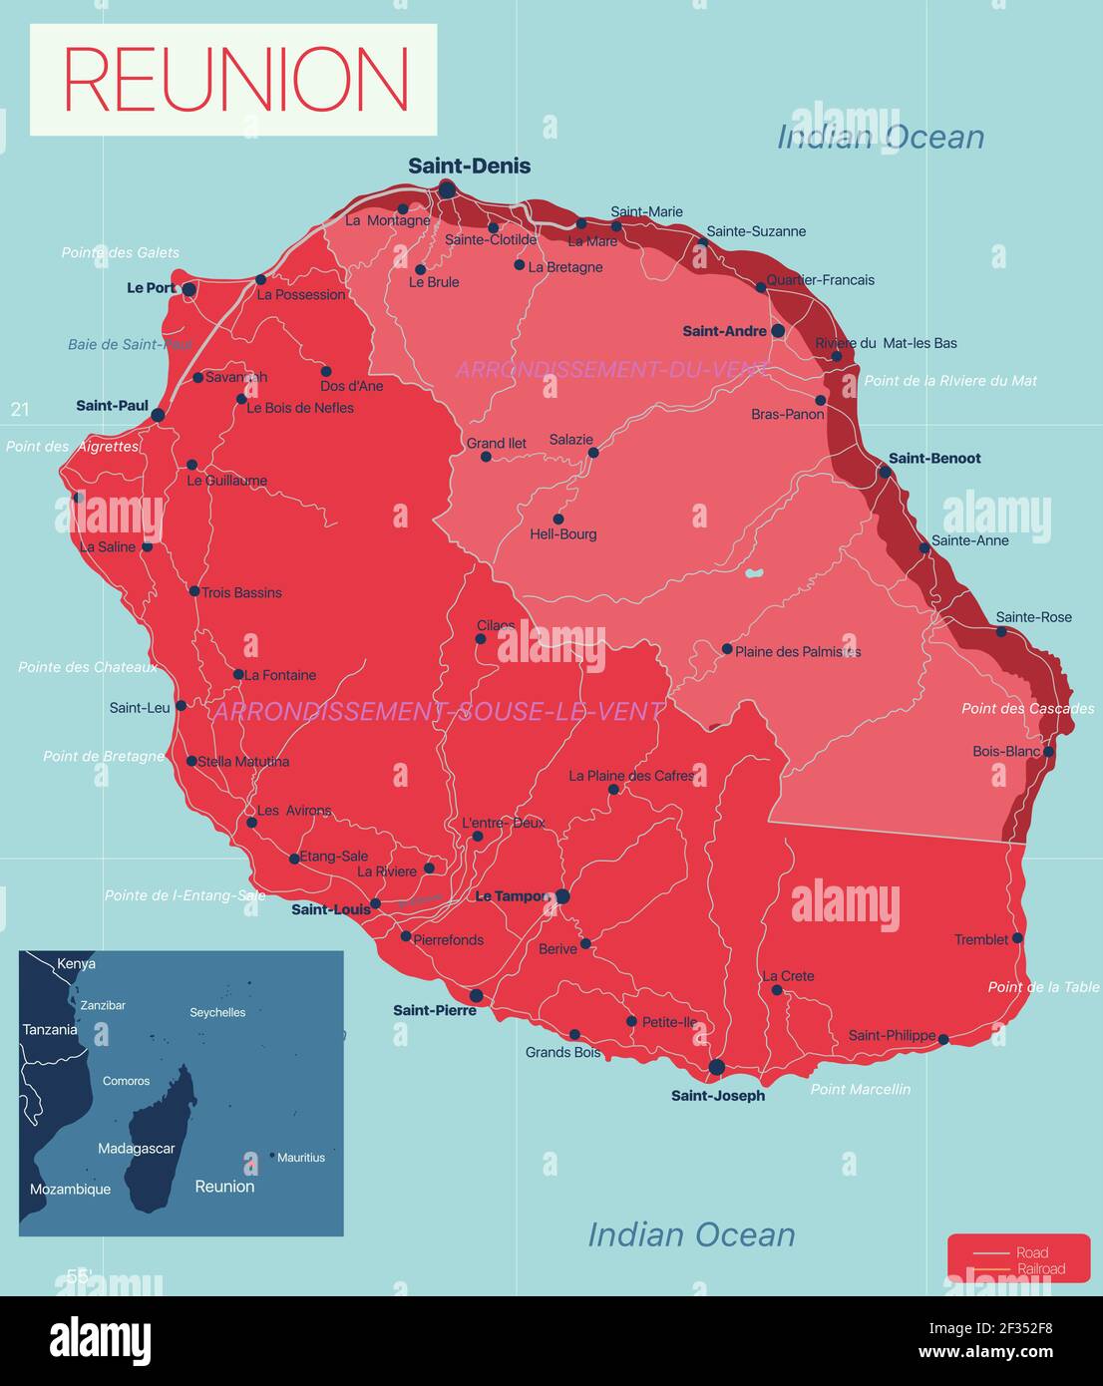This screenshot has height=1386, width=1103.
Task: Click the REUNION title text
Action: coord(236,80)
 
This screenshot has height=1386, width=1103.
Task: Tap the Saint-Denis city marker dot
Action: coord(447,188)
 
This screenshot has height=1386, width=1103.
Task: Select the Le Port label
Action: coord(151,288)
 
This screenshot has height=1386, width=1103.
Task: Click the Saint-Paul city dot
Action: coord(158,414)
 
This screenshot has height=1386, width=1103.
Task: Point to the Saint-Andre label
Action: coord(724,331)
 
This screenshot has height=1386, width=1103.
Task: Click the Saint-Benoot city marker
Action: coord(885,471)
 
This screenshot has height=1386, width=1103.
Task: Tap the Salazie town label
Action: coord(570,440)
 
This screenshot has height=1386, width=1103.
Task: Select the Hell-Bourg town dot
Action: coord(558,520)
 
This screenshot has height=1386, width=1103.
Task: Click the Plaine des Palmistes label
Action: coord(798,652)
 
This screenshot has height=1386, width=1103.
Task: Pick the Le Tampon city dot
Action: coord(562,896)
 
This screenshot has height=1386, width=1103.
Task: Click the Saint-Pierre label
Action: coord(435,1010)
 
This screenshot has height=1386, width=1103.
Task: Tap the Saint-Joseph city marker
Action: coord(716,1067)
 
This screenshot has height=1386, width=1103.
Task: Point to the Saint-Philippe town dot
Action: coord(943,1040)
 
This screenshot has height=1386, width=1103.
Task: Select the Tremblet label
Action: coord(981,939)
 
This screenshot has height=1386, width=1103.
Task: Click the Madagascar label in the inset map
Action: coord(136,1149)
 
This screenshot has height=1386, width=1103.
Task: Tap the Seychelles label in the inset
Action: coord(217,1013)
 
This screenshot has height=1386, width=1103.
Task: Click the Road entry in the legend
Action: coord(1031,1253)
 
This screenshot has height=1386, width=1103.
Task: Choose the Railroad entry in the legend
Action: coord(1040,1269)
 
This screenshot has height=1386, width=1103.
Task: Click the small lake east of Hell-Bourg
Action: coord(755,574)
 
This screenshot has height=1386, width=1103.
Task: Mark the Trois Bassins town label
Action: coord(241,593)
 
